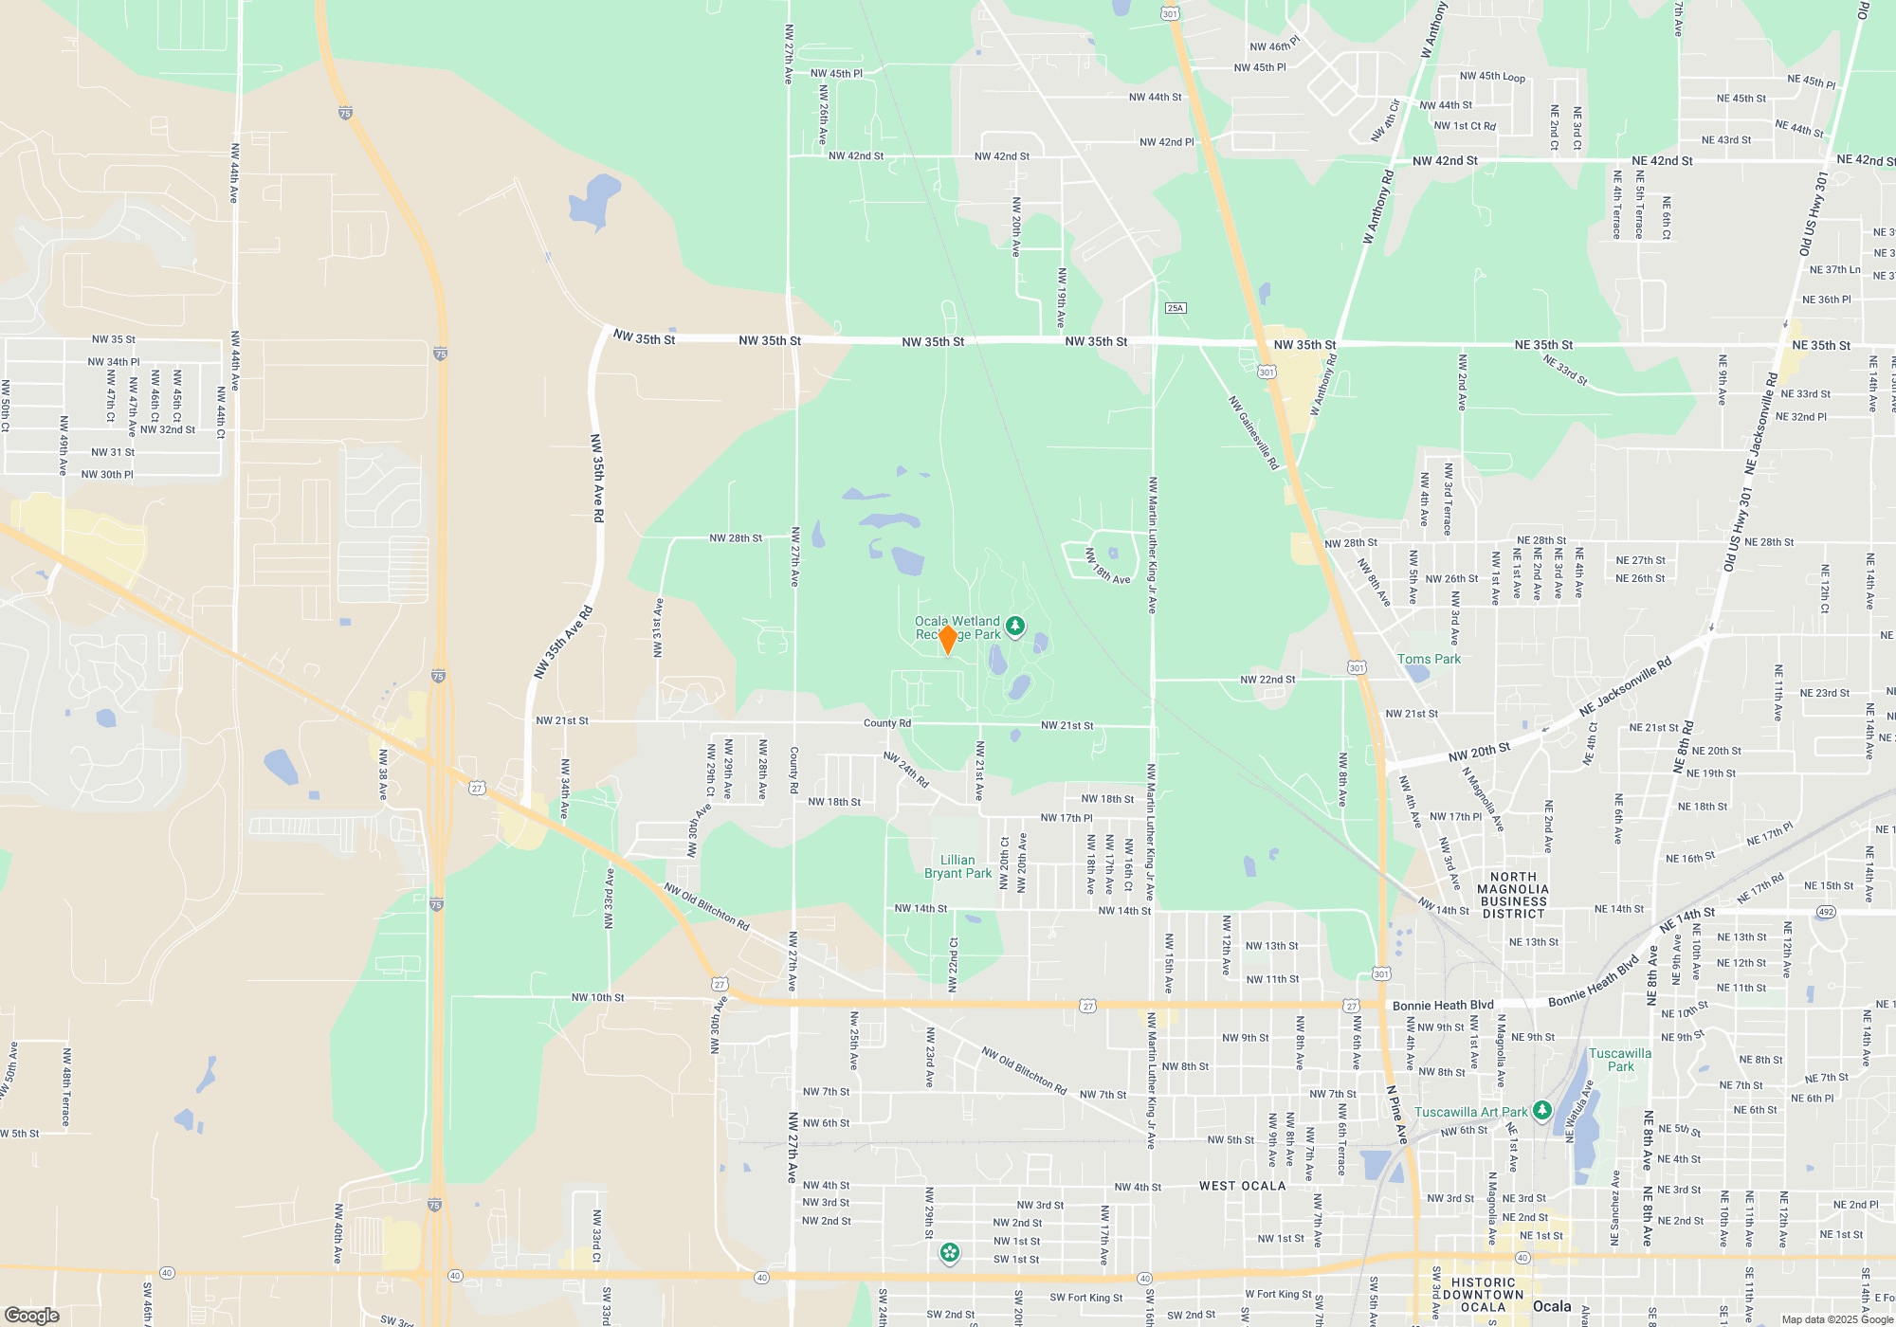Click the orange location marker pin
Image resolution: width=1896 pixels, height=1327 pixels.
pos(947,640)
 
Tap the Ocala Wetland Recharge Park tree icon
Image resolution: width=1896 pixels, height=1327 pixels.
pos(1015,626)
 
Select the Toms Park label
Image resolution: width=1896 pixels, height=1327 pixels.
pos(1429,659)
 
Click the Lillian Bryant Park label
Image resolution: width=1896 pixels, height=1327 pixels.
pos(957,866)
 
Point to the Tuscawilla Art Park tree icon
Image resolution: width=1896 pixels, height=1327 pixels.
pos(1542,1110)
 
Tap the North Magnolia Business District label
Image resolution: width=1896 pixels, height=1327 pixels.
pos(1514,895)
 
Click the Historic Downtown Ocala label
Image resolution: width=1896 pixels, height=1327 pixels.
pos(1484,1294)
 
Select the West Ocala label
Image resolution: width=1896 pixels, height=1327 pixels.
pos(1242,1186)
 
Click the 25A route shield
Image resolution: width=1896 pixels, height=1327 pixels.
pos(1176,308)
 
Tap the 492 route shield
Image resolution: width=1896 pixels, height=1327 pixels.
pos(1826,912)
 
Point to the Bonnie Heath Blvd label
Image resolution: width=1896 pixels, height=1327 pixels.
pos(1443,1005)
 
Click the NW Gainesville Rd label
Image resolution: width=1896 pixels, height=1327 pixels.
pos(1253,432)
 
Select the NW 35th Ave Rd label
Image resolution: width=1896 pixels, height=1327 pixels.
pos(597,478)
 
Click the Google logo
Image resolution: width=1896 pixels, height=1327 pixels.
pos(32,1316)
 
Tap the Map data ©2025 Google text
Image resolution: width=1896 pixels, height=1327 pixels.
pos(1837,1319)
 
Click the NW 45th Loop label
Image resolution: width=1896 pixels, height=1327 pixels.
pos(1492,77)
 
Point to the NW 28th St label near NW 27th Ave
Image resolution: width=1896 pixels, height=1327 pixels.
pos(736,538)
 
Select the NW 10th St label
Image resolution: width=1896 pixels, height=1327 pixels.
pos(597,997)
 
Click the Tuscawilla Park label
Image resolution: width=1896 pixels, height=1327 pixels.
pos(1620,1060)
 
